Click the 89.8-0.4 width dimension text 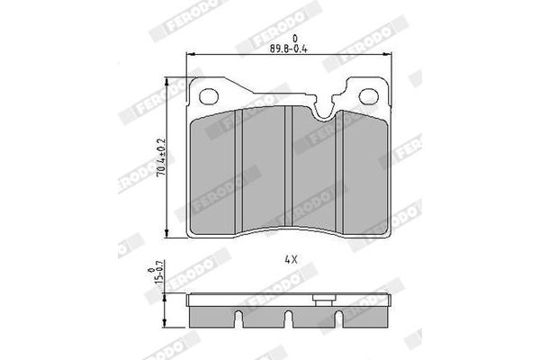point(288,49)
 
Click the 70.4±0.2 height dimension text point(161,157)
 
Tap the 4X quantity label point(291,259)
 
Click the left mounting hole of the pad point(209,95)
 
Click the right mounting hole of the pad point(369,96)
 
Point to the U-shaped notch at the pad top point(324,111)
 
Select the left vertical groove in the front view point(238,170)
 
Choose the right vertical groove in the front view point(339,171)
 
